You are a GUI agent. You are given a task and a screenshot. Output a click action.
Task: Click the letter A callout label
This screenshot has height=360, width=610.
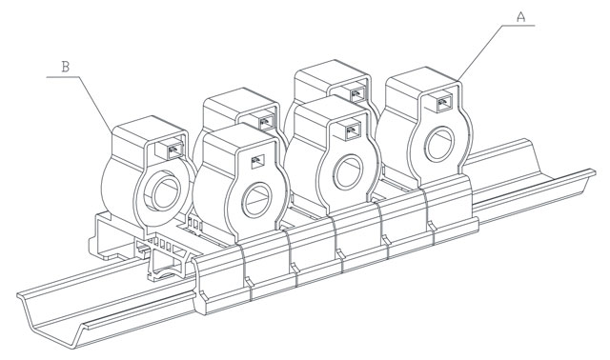point(521,17)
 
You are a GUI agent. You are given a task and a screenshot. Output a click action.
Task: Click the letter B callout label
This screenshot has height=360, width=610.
point(66,67)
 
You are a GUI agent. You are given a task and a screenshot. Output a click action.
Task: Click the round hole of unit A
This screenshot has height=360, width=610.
point(439,144)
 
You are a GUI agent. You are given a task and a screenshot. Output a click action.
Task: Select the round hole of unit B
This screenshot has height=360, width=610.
point(166,193)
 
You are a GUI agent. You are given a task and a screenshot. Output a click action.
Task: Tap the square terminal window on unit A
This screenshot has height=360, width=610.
point(443,103)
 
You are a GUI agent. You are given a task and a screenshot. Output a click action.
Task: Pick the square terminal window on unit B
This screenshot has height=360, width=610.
point(175,150)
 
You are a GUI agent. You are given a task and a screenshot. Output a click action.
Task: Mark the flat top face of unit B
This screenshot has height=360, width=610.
point(149,129)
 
